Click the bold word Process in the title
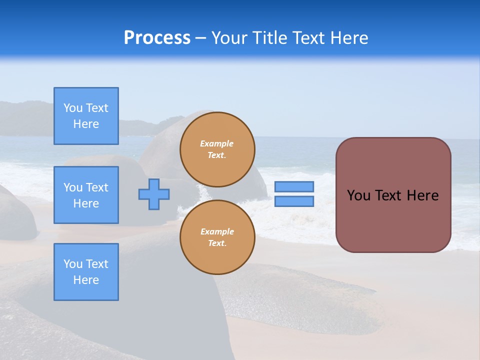[x=157, y=37]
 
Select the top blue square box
[x=86, y=116]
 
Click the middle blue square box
[x=86, y=195]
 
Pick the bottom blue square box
[x=86, y=272]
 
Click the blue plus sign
[x=154, y=194]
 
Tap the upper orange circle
[x=217, y=149]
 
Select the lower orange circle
[x=217, y=237]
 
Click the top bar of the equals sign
[x=294, y=186]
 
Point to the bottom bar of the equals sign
[x=294, y=201]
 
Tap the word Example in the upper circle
[x=217, y=143]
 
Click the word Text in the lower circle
[x=216, y=243]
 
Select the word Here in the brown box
[x=422, y=195]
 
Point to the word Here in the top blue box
[x=86, y=124]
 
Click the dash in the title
[x=200, y=38]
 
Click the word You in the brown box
[x=358, y=195]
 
